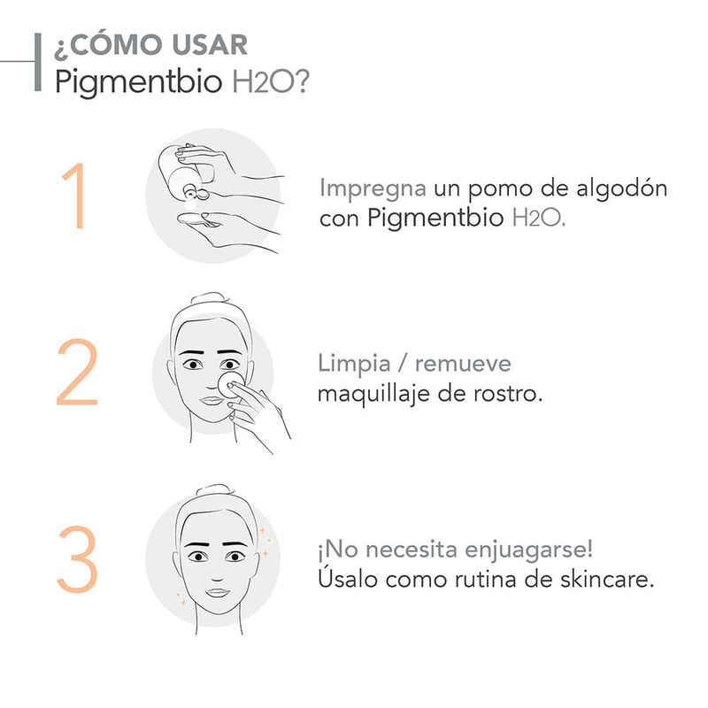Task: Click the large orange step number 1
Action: [x=75, y=196]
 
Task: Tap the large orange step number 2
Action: [x=77, y=372]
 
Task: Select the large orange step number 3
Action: [x=78, y=559]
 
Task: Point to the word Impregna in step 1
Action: [x=373, y=189]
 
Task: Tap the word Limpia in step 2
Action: [x=354, y=364]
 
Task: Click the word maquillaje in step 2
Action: [x=373, y=394]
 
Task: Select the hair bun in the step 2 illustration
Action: [x=209, y=299]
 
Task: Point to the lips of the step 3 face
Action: [x=218, y=592]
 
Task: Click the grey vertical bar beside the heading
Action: [x=38, y=62]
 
